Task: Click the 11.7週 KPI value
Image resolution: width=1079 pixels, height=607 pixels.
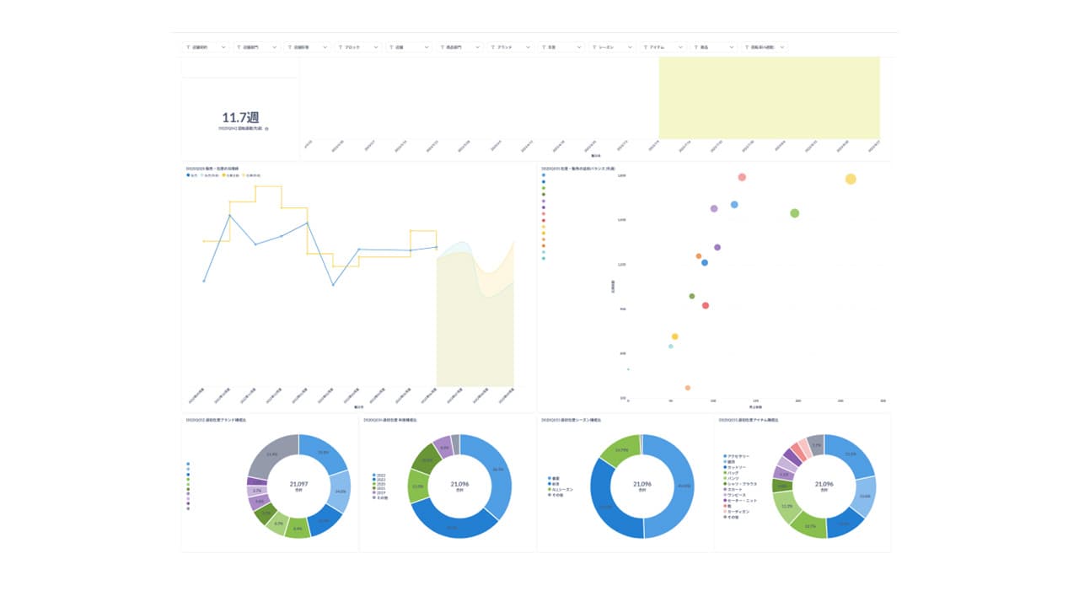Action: (x=240, y=118)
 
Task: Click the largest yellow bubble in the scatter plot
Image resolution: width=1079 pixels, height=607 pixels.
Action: (x=851, y=179)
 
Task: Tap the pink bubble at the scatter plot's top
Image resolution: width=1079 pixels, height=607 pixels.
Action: (x=742, y=177)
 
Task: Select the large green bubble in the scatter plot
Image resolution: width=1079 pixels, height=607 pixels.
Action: (x=794, y=213)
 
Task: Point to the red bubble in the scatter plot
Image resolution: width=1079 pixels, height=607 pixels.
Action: (x=706, y=305)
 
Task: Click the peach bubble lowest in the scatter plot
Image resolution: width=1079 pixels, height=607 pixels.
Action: (x=688, y=388)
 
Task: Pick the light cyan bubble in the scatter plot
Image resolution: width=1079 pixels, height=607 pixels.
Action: (x=671, y=346)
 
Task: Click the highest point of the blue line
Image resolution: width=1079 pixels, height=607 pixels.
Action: (x=230, y=216)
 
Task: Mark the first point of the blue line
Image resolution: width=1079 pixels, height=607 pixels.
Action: (x=204, y=281)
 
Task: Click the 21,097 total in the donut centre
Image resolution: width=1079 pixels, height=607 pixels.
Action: (x=299, y=484)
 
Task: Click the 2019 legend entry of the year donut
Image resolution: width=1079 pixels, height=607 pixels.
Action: (x=382, y=493)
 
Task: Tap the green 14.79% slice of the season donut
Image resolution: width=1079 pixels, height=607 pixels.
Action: (x=620, y=452)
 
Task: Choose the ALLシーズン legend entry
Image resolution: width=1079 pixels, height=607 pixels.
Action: (x=563, y=488)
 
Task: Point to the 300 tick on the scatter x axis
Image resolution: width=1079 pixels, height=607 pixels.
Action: (x=883, y=401)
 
